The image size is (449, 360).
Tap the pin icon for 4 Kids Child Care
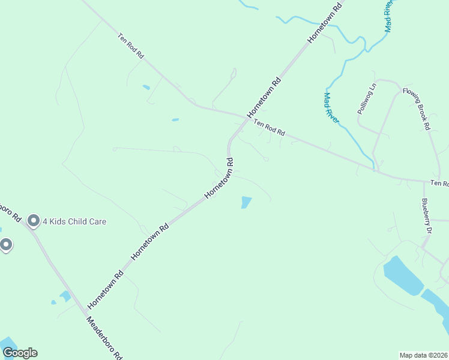(34, 221)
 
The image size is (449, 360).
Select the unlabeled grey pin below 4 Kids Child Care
(6, 245)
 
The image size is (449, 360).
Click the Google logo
(20, 353)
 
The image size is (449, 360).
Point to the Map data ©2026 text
(424, 355)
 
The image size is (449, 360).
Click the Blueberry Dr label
(427, 215)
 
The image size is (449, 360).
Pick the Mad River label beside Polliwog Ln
(331, 108)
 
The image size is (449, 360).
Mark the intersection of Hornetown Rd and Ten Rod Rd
(246, 117)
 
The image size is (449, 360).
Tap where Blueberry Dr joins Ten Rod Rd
(424, 180)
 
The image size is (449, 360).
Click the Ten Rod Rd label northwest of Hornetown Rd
(131, 46)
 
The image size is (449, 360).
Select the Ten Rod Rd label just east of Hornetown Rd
(268, 127)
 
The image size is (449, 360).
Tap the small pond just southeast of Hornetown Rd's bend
(246, 202)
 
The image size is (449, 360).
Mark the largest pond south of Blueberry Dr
(402, 275)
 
